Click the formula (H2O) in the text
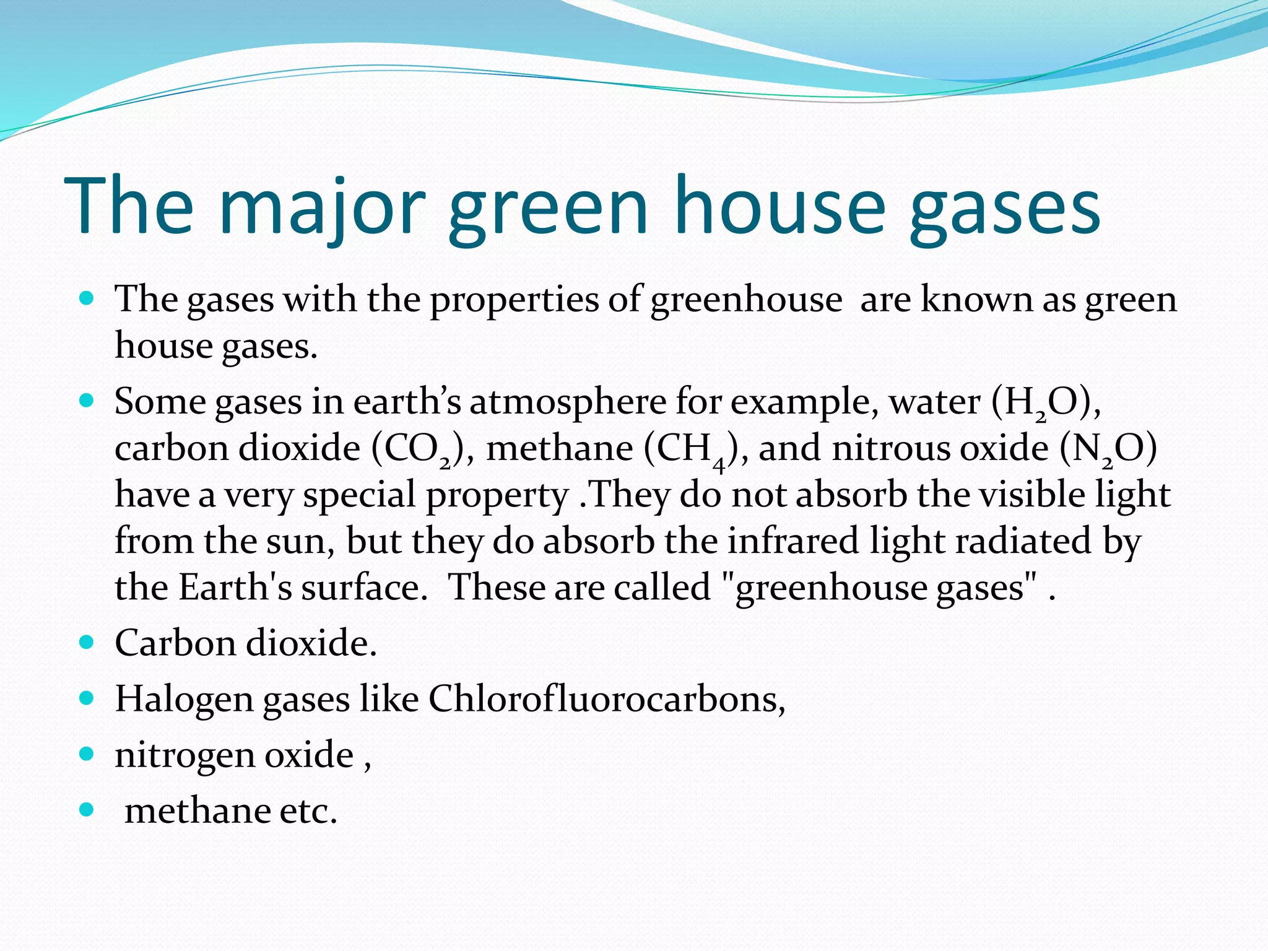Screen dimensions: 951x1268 click(x=1046, y=403)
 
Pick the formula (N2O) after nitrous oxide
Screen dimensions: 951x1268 click(x=1108, y=449)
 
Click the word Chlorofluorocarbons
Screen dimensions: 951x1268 click(x=607, y=699)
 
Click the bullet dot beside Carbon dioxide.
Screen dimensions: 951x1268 click(x=87, y=642)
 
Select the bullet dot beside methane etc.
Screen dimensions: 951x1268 click(x=87, y=809)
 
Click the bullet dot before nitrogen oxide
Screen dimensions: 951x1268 click(x=87, y=753)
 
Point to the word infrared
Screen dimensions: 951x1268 click(x=793, y=541)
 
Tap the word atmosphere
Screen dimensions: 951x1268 click(x=568, y=402)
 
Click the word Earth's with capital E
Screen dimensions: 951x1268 click(x=235, y=587)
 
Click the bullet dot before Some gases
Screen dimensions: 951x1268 click(x=87, y=401)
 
